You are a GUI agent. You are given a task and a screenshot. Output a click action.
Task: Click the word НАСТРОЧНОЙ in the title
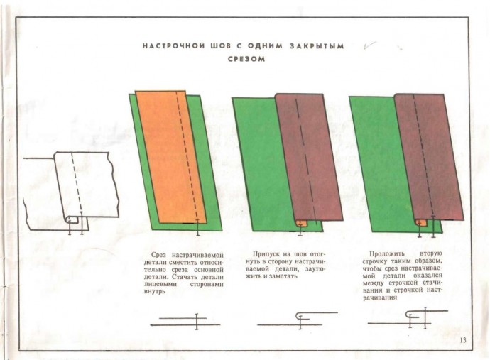click(173, 46)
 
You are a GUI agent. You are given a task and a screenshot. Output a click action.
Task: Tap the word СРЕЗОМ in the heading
click(246, 59)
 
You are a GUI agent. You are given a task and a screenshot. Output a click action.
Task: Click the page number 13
click(463, 340)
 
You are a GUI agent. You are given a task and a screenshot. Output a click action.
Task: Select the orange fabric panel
click(171, 157)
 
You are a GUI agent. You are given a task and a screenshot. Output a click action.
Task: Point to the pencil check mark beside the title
click(370, 45)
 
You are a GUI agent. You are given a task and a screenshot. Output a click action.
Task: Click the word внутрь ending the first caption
click(154, 292)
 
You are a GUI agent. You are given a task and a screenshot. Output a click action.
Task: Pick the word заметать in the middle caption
click(284, 276)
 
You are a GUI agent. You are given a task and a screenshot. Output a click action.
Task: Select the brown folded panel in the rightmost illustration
click(429, 157)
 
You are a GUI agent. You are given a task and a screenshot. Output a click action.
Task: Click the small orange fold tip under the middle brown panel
click(302, 224)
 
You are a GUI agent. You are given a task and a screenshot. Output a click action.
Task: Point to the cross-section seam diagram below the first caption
click(185, 322)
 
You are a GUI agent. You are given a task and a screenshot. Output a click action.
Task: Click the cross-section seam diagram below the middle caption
click(298, 320)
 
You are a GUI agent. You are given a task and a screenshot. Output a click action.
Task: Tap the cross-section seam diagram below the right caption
click(408, 318)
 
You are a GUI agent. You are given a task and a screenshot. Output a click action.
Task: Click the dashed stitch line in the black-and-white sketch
click(77, 183)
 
